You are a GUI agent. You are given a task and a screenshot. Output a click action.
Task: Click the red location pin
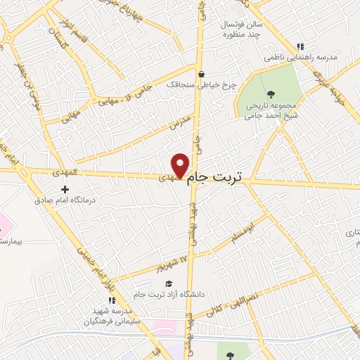(181, 165)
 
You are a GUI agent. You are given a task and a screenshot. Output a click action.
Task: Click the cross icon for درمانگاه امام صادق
(65, 189)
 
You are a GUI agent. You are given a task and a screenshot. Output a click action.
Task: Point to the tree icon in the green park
(271, 94)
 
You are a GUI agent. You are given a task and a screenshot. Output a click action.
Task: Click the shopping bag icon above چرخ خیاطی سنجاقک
(202, 73)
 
